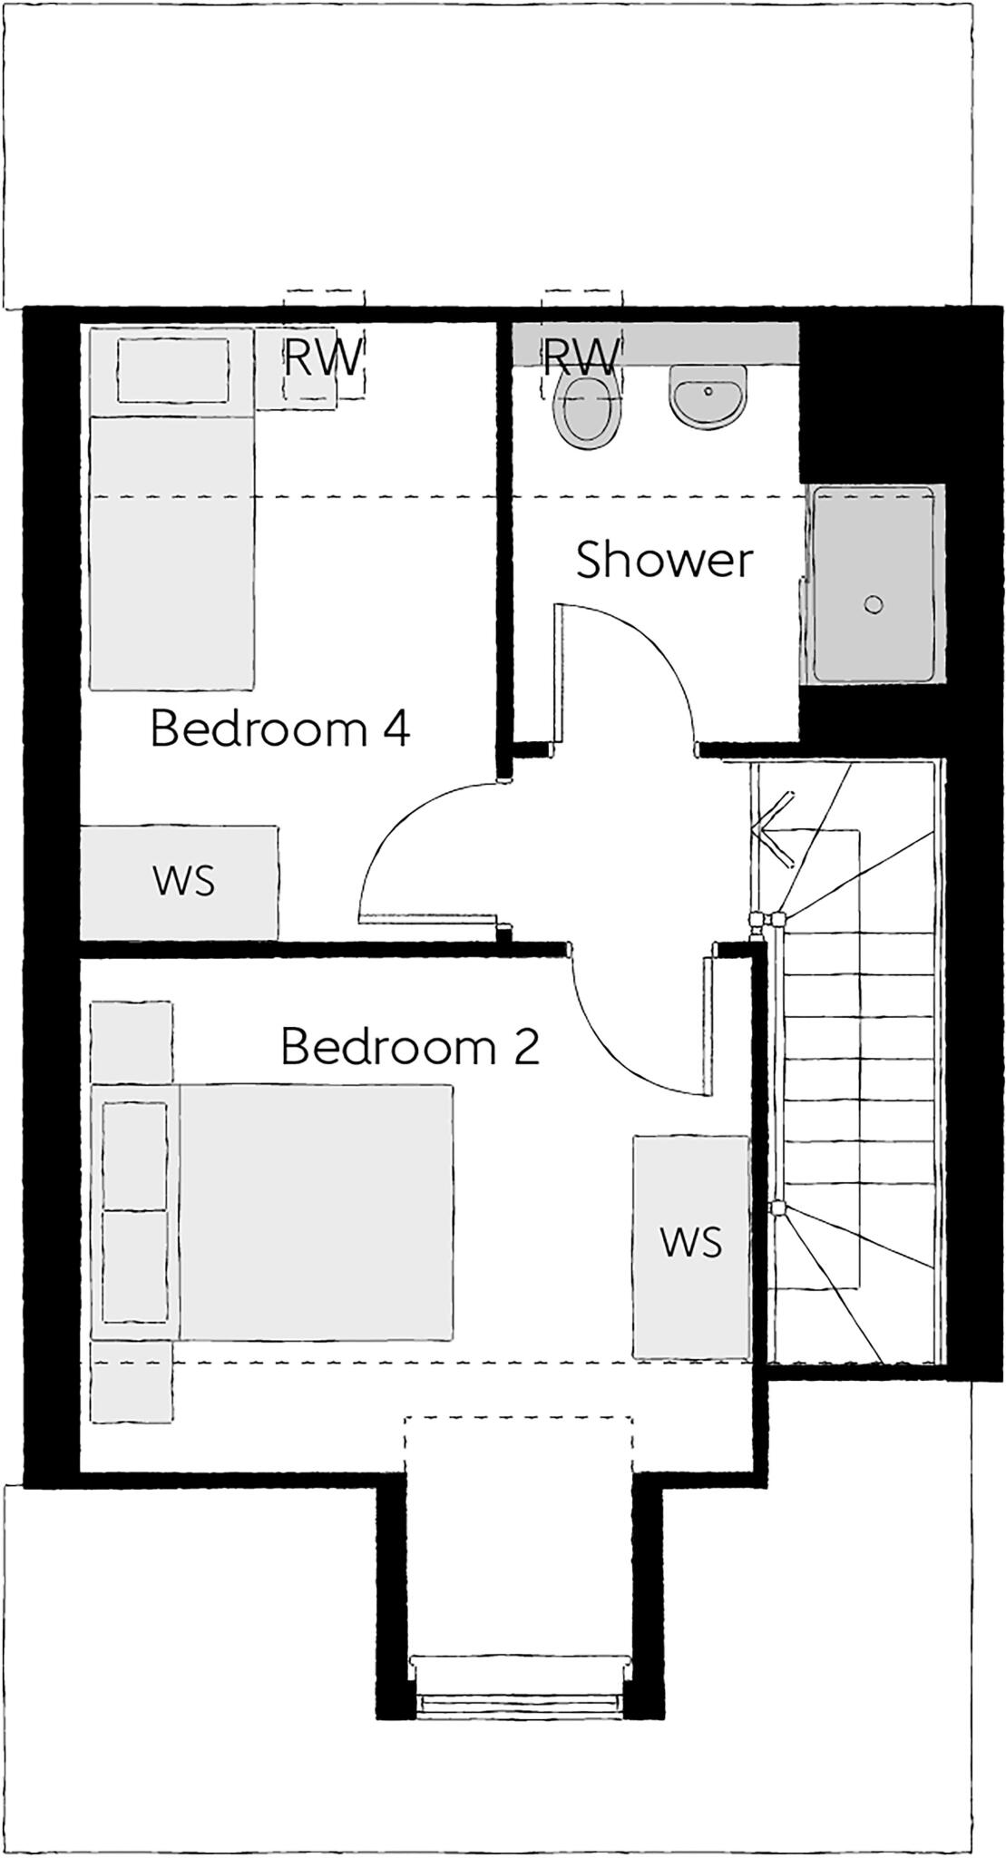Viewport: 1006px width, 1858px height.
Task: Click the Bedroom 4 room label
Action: (279, 729)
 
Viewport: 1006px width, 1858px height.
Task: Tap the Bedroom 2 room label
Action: (410, 1047)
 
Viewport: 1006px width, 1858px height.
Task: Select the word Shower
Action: (664, 560)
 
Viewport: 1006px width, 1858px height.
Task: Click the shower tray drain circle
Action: (874, 604)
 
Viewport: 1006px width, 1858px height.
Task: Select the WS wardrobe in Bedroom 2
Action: (691, 1245)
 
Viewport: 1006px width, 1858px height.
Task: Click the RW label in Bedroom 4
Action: (323, 357)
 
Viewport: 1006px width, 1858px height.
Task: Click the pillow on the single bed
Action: (172, 369)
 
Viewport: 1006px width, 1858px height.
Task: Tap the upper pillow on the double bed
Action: (135, 1155)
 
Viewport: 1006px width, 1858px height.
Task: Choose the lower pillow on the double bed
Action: (135, 1266)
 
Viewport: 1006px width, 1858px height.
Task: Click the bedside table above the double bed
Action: (132, 1041)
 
